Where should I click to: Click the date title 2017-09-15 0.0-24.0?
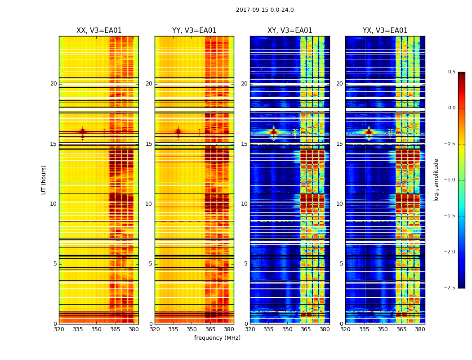click(x=265, y=10)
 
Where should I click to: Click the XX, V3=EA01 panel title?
click(x=99, y=31)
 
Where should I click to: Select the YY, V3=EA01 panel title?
click(x=194, y=31)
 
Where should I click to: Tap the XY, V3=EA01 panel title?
click(x=289, y=31)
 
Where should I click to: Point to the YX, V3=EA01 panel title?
click(x=385, y=31)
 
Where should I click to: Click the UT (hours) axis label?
click(x=44, y=180)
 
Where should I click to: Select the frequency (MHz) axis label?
click(x=217, y=338)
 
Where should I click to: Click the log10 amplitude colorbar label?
click(x=436, y=180)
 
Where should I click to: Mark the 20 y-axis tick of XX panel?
click(x=54, y=84)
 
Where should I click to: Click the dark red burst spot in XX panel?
click(x=83, y=132)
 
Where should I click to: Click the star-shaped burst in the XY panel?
click(x=273, y=132)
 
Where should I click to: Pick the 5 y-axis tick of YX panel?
click(x=342, y=264)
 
